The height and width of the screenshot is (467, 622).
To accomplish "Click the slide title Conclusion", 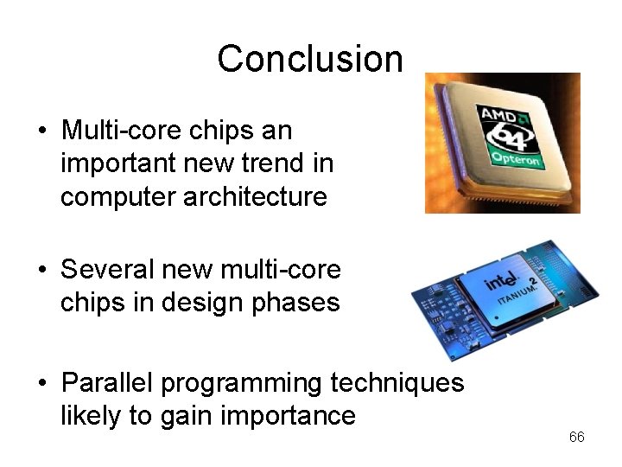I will point(310,59).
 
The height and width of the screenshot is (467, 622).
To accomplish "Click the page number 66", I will point(576,438).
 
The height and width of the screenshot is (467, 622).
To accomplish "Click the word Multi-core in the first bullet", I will point(124,131).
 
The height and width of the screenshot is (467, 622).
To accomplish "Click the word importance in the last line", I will point(291,417).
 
